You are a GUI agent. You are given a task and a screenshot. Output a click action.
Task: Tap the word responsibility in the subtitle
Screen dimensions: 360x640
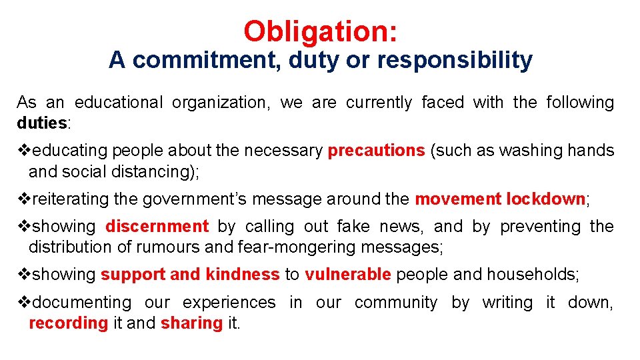click(x=455, y=61)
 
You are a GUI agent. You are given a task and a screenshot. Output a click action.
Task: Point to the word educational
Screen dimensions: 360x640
click(x=118, y=103)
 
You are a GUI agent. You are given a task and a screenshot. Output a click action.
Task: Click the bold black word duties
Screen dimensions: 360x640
click(x=41, y=123)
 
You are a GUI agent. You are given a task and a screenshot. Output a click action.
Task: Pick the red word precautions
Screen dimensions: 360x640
click(x=376, y=151)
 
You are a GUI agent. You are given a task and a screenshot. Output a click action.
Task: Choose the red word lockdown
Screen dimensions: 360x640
click(x=545, y=199)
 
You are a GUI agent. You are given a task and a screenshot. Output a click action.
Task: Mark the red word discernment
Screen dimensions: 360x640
click(x=157, y=227)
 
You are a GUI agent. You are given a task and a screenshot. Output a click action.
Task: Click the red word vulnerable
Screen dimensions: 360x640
click(x=347, y=274)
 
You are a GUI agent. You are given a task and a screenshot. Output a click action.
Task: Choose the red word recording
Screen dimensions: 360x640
click(x=68, y=323)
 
